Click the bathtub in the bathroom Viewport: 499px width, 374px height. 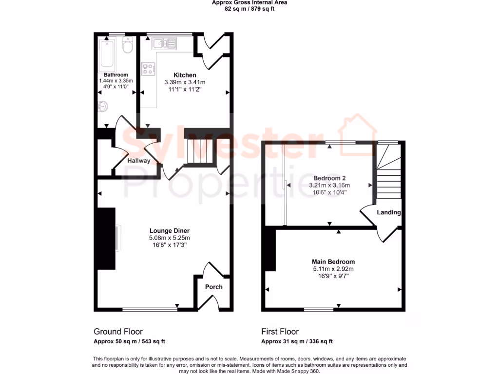pos(107,54)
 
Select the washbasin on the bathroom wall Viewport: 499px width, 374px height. pos(102,107)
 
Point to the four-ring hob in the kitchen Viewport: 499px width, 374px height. pos(148,69)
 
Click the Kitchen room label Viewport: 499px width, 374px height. pos(185,75)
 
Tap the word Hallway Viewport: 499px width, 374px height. pos(139,161)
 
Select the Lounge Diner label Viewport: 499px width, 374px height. pos(169,231)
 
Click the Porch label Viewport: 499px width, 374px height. pos(213,287)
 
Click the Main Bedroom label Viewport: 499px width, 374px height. pos(333,262)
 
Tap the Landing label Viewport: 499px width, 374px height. pos(389,212)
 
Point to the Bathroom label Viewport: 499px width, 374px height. pos(113,75)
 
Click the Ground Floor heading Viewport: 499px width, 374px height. pos(118,332)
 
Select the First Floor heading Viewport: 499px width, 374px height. pos(280,332)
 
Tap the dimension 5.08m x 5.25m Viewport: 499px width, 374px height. pos(169,238)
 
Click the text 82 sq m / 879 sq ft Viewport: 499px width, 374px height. pos(249,9)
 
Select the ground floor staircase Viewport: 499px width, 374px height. pos(199,151)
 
